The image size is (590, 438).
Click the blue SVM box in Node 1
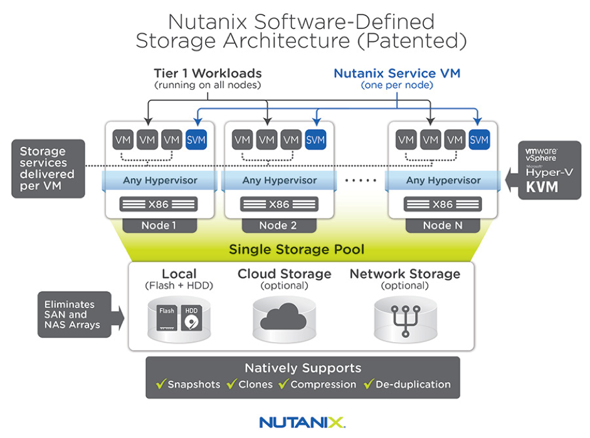pyautogui.click(x=196, y=140)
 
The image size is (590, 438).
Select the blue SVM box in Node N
pyautogui.click(x=479, y=140)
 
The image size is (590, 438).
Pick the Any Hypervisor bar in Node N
pyautogui.click(x=443, y=181)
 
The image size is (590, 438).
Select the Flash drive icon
pyautogui.click(x=167, y=319)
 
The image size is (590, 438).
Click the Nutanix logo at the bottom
pyautogui.click(x=302, y=422)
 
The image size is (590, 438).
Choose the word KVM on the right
pyautogui.click(x=542, y=188)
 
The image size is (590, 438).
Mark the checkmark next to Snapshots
pyautogui.click(x=161, y=384)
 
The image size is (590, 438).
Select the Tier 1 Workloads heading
pyautogui.click(x=208, y=73)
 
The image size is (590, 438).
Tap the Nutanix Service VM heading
pyautogui.click(x=397, y=73)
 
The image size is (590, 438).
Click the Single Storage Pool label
pyautogui.click(x=297, y=250)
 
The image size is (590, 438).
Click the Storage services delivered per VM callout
pyautogui.click(x=48, y=169)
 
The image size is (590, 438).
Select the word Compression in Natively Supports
pyautogui.click(x=323, y=385)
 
